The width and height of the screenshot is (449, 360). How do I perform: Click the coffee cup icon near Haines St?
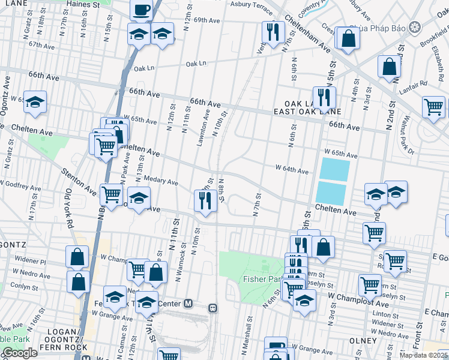[142, 10]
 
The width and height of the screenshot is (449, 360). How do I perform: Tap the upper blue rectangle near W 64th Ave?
[334, 169]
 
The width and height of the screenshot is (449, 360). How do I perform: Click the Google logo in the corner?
[20, 353]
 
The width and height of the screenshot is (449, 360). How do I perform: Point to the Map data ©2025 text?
[423, 355]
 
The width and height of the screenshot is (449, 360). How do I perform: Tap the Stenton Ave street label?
[78, 181]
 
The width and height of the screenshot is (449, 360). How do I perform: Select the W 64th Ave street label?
[292, 169]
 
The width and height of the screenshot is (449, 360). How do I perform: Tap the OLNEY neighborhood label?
[363, 340]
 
